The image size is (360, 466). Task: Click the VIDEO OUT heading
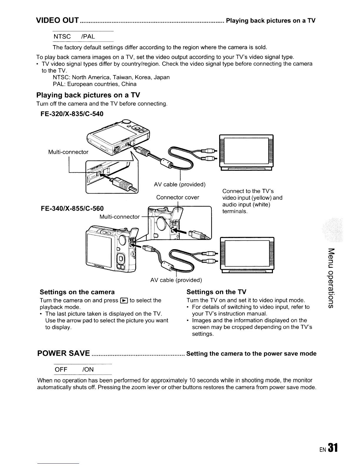[57, 21]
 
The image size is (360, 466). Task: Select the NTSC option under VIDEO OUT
[62, 36]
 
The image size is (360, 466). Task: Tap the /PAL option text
[87, 36]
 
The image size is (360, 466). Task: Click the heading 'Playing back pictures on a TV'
[88, 95]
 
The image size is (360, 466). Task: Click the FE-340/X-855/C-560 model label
[72, 209]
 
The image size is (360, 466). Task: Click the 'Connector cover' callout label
[177, 197]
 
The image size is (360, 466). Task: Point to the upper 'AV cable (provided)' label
[179, 184]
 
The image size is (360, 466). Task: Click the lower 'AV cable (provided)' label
[176, 280]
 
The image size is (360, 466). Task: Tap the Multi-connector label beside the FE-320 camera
[68, 152]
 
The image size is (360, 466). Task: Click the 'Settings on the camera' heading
[77, 292]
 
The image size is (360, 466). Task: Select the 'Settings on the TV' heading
[216, 292]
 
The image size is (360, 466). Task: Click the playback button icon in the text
[124, 300]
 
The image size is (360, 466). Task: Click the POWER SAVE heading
[64, 353]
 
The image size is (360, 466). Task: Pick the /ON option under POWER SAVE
[88, 369]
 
